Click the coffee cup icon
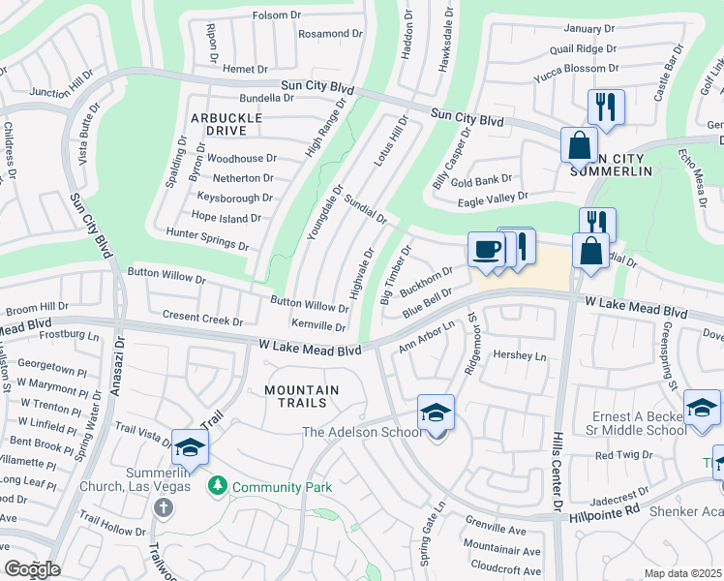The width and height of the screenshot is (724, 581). point(487,250)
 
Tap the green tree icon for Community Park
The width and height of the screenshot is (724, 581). point(220,485)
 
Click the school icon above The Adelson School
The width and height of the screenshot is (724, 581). point(436,413)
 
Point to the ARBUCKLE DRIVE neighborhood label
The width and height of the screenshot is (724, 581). point(226,124)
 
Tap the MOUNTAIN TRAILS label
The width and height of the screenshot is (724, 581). point(302,390)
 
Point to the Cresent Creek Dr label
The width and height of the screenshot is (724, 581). point(202,319)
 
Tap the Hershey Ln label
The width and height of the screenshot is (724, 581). point(520,356)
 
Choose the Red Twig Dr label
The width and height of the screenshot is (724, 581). point(621,455)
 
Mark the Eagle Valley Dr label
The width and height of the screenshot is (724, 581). point(493,197)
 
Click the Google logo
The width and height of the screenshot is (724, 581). point(32,569)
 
